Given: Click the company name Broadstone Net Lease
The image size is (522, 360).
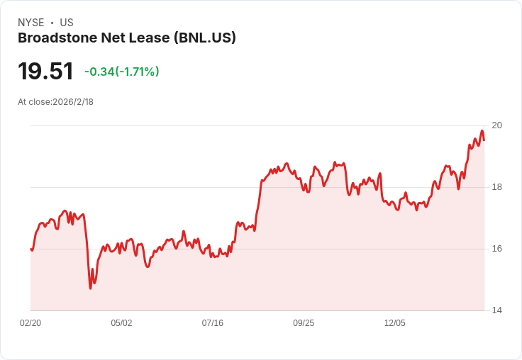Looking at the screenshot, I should [93, 38].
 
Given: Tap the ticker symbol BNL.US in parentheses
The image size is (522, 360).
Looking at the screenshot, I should [204, 38].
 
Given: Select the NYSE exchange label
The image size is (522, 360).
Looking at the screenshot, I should [31, 23].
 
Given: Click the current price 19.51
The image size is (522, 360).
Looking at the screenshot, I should [45, 71].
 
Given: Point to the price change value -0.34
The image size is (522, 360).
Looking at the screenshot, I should [99, 72].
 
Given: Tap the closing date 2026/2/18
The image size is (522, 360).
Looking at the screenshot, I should [73, 102].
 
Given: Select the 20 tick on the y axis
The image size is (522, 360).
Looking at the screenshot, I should [496, 125].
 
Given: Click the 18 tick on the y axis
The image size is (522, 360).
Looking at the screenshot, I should [496, 187].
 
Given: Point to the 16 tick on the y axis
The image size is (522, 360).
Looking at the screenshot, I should [496, 249].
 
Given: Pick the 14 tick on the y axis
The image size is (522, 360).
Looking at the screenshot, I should [496, 310].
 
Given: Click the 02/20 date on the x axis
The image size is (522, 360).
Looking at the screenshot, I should [30, 323].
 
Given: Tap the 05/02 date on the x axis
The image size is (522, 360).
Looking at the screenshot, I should [121, 323].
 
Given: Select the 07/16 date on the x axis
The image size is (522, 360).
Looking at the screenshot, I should [212, 323].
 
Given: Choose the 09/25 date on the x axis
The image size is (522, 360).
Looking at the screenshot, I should [304, 323].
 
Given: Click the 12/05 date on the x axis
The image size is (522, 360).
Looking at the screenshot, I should [394, 323].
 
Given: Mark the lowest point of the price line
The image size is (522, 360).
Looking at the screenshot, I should [90, 288].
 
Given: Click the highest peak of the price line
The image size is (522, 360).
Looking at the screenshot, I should [482, 130].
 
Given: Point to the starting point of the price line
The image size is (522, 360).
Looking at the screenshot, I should [31, 249].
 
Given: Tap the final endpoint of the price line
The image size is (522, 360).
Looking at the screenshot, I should [484, 140].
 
